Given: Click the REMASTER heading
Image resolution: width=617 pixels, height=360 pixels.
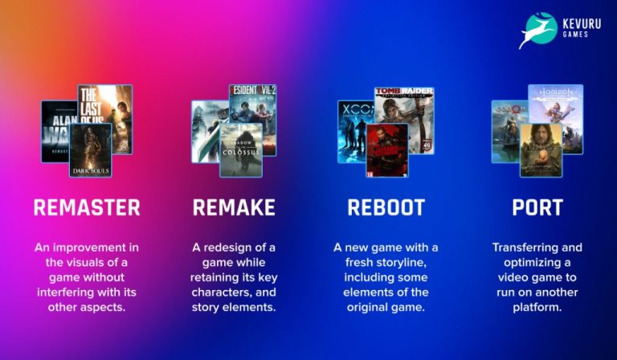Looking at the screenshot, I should point(87,207).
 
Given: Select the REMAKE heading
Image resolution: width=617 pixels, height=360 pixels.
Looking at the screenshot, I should point(234,207).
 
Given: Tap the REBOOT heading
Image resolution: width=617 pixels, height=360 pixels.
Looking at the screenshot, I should point(386,207).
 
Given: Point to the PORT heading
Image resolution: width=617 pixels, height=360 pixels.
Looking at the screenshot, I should point(537,207).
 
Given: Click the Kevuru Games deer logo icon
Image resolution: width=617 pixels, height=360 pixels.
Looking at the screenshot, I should point(537,30).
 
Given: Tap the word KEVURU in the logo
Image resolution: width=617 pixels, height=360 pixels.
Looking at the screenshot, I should point(582,24).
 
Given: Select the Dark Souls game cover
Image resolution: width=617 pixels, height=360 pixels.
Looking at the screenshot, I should point(90,150).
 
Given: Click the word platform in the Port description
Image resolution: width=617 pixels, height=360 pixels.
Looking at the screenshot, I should point(537,306).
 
